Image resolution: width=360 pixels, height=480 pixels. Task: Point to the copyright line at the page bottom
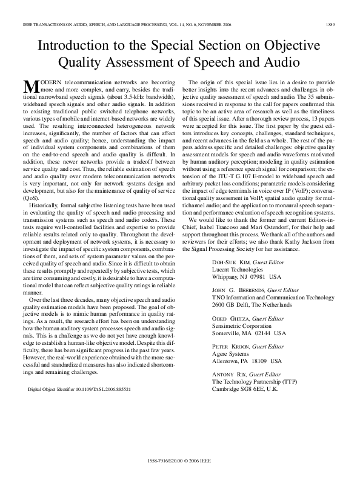(181, 461)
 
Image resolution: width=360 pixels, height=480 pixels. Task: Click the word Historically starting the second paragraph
(45, 207)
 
